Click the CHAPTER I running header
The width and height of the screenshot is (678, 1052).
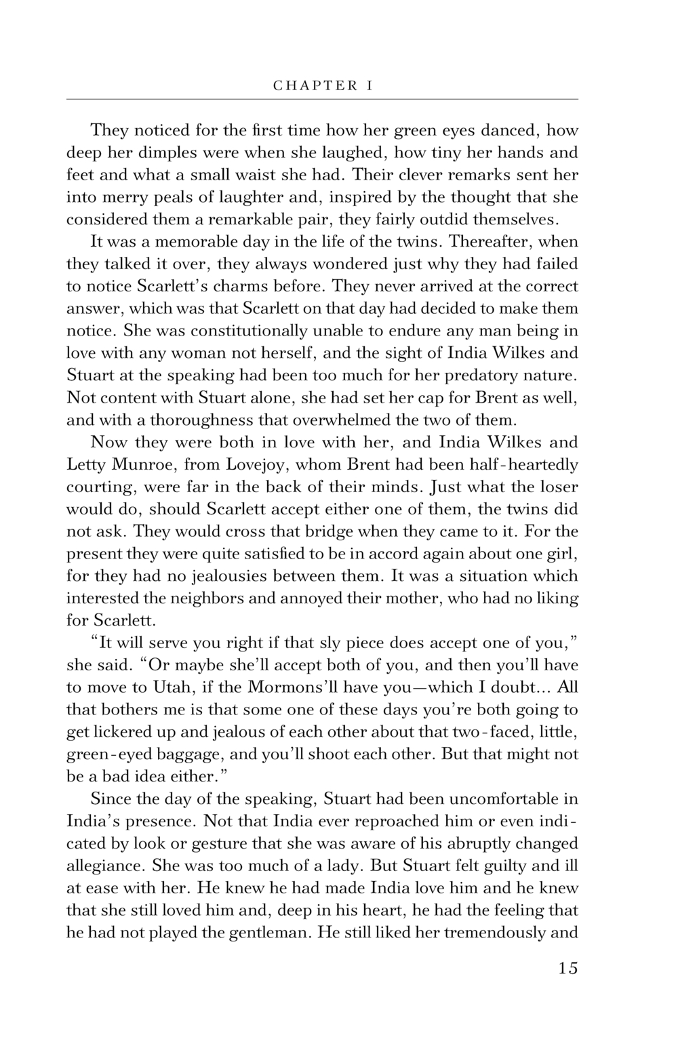tap(323, 86)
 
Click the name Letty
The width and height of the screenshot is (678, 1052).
tap(83, 465)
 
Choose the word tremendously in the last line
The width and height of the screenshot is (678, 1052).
tap(496, 932)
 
